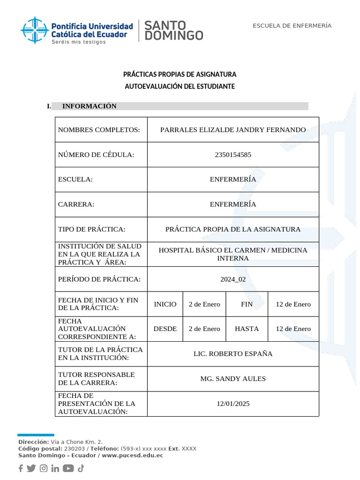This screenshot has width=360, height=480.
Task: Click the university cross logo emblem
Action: [34, 30]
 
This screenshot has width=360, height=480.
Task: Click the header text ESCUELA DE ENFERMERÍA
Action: [292, 25]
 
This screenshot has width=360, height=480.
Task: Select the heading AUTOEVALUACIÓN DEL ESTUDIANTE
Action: [180, 87]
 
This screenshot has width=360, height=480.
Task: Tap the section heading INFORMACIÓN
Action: [89, 106]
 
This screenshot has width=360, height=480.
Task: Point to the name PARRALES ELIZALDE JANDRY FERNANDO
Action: [233, 130]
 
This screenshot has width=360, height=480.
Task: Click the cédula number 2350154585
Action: [233, 155]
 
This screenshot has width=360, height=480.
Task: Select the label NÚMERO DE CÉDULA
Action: [96, 155]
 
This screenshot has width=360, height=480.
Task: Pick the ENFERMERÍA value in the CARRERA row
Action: [233, 204]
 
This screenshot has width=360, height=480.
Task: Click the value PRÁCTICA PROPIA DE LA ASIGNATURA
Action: [233, 229]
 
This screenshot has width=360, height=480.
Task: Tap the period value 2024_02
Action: [233, 279]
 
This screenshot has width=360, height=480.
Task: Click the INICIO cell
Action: [165, 304]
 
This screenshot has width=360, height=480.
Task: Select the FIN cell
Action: [247, 304]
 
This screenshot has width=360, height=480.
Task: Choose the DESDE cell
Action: [165, 329]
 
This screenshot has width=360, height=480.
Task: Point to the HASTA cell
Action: [247, 329]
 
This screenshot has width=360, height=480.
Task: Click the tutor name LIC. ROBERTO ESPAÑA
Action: [233, 354]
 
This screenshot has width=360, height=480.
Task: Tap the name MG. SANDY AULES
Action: [233, 379]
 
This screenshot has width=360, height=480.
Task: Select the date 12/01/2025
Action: [233, 404]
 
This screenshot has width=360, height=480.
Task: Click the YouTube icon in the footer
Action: [68, 468]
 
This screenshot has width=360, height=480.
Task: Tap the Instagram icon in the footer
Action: [44, 468]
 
